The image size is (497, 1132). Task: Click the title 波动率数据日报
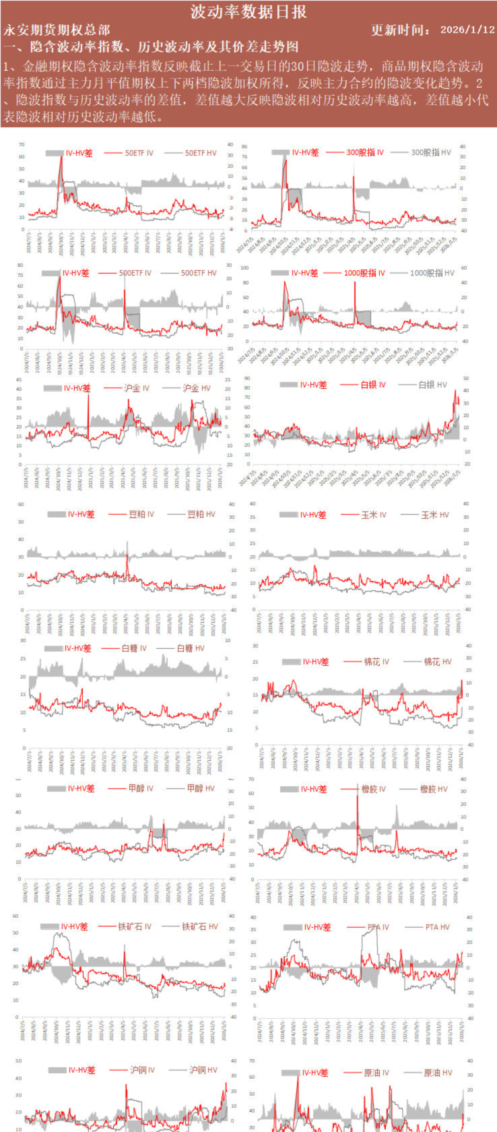(249, 11)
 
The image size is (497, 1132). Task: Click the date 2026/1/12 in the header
(467, 30)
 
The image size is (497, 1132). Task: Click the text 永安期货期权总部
(57, 30)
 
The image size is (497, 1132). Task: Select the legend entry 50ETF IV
(139, 153)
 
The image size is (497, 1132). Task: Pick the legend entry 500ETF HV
(199, 273)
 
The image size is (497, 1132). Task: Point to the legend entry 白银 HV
(432, 385)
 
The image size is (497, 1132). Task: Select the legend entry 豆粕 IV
(141, 514)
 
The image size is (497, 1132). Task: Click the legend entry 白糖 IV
(133, 648)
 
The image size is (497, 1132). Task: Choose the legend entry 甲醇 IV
(140, 788)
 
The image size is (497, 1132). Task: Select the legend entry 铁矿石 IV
(135, 926)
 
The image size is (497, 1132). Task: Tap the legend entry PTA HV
(437, 927)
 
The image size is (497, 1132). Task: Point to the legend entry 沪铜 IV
(142, 1070)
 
